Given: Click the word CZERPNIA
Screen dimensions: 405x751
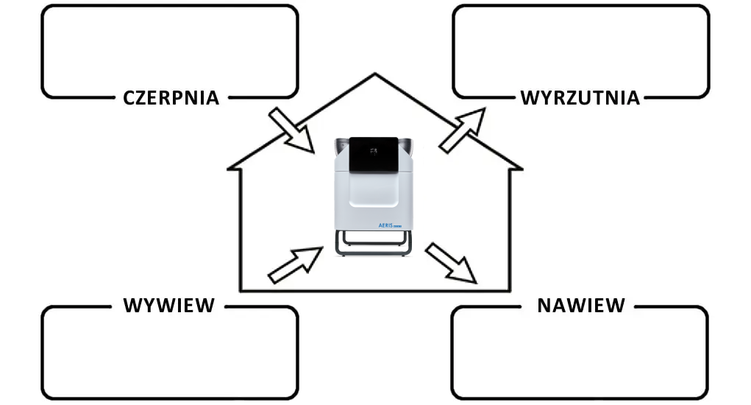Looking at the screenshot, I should click(171, 97).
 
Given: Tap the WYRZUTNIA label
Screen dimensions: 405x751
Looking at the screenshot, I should click(580, 97).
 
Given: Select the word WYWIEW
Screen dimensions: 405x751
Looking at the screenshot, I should click(168, 305).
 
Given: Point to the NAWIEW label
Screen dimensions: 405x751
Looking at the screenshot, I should click(581, 305).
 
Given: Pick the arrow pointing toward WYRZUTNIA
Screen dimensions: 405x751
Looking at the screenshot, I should click(463, 130).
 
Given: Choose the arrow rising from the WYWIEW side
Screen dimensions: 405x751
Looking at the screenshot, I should click(295, 264).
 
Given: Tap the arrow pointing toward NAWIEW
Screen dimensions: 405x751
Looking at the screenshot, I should click(450, 263).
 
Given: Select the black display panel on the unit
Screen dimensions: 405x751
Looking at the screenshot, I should click(374, 154).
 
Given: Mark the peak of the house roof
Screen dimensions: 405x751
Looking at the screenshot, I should click(375, 74).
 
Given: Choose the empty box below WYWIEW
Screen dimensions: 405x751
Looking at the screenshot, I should click(170, 353).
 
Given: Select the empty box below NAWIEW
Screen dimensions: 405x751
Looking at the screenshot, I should click(580, 353).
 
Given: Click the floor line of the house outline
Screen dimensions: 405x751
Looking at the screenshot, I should click(375, 291).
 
